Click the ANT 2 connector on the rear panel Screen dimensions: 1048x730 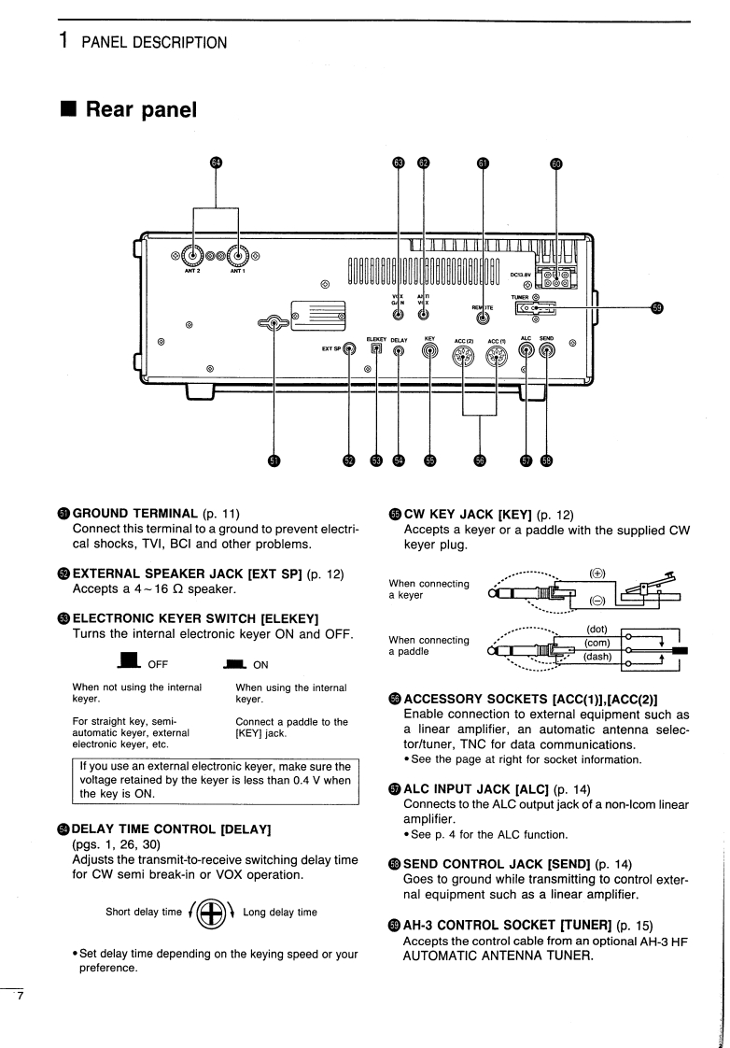pyautogui.click(x=193, y=256)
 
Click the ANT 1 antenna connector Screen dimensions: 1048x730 pyautogui.click(x=240, y=256)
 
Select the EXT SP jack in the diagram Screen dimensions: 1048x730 pyautogui.click(x=349, y=351)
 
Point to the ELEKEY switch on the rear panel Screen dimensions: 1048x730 pyautogui.click(x=377, y=351)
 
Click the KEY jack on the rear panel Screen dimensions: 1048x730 pyautogui.click(x=430, y=352)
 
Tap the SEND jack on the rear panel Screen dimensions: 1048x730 pyautogui.click(x=547, y=351)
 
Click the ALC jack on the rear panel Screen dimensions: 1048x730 pyautogui.click(x=526, y=351)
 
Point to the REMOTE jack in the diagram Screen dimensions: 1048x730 pyautogui.click(x=482, y=316)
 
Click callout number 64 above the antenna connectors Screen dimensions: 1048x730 pyautogui.click(x=217, y=163)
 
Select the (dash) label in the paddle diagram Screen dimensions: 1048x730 pyautogui.click(x=597, y=657)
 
